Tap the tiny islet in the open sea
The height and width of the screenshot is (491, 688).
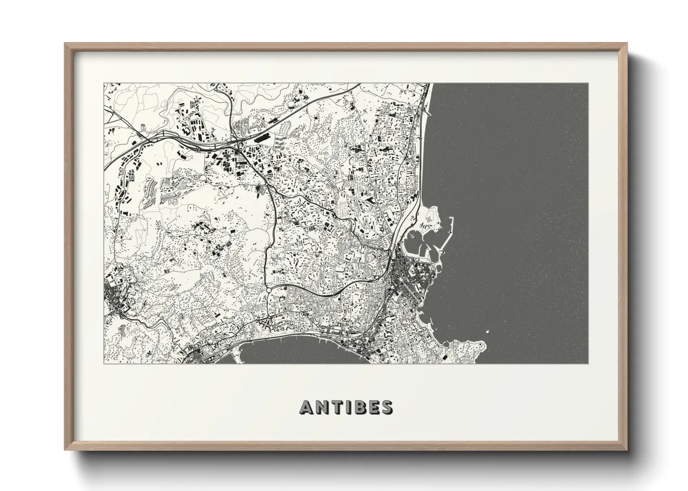(x=487, y=331)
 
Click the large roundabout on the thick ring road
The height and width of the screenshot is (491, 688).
(x=269, y=291)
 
